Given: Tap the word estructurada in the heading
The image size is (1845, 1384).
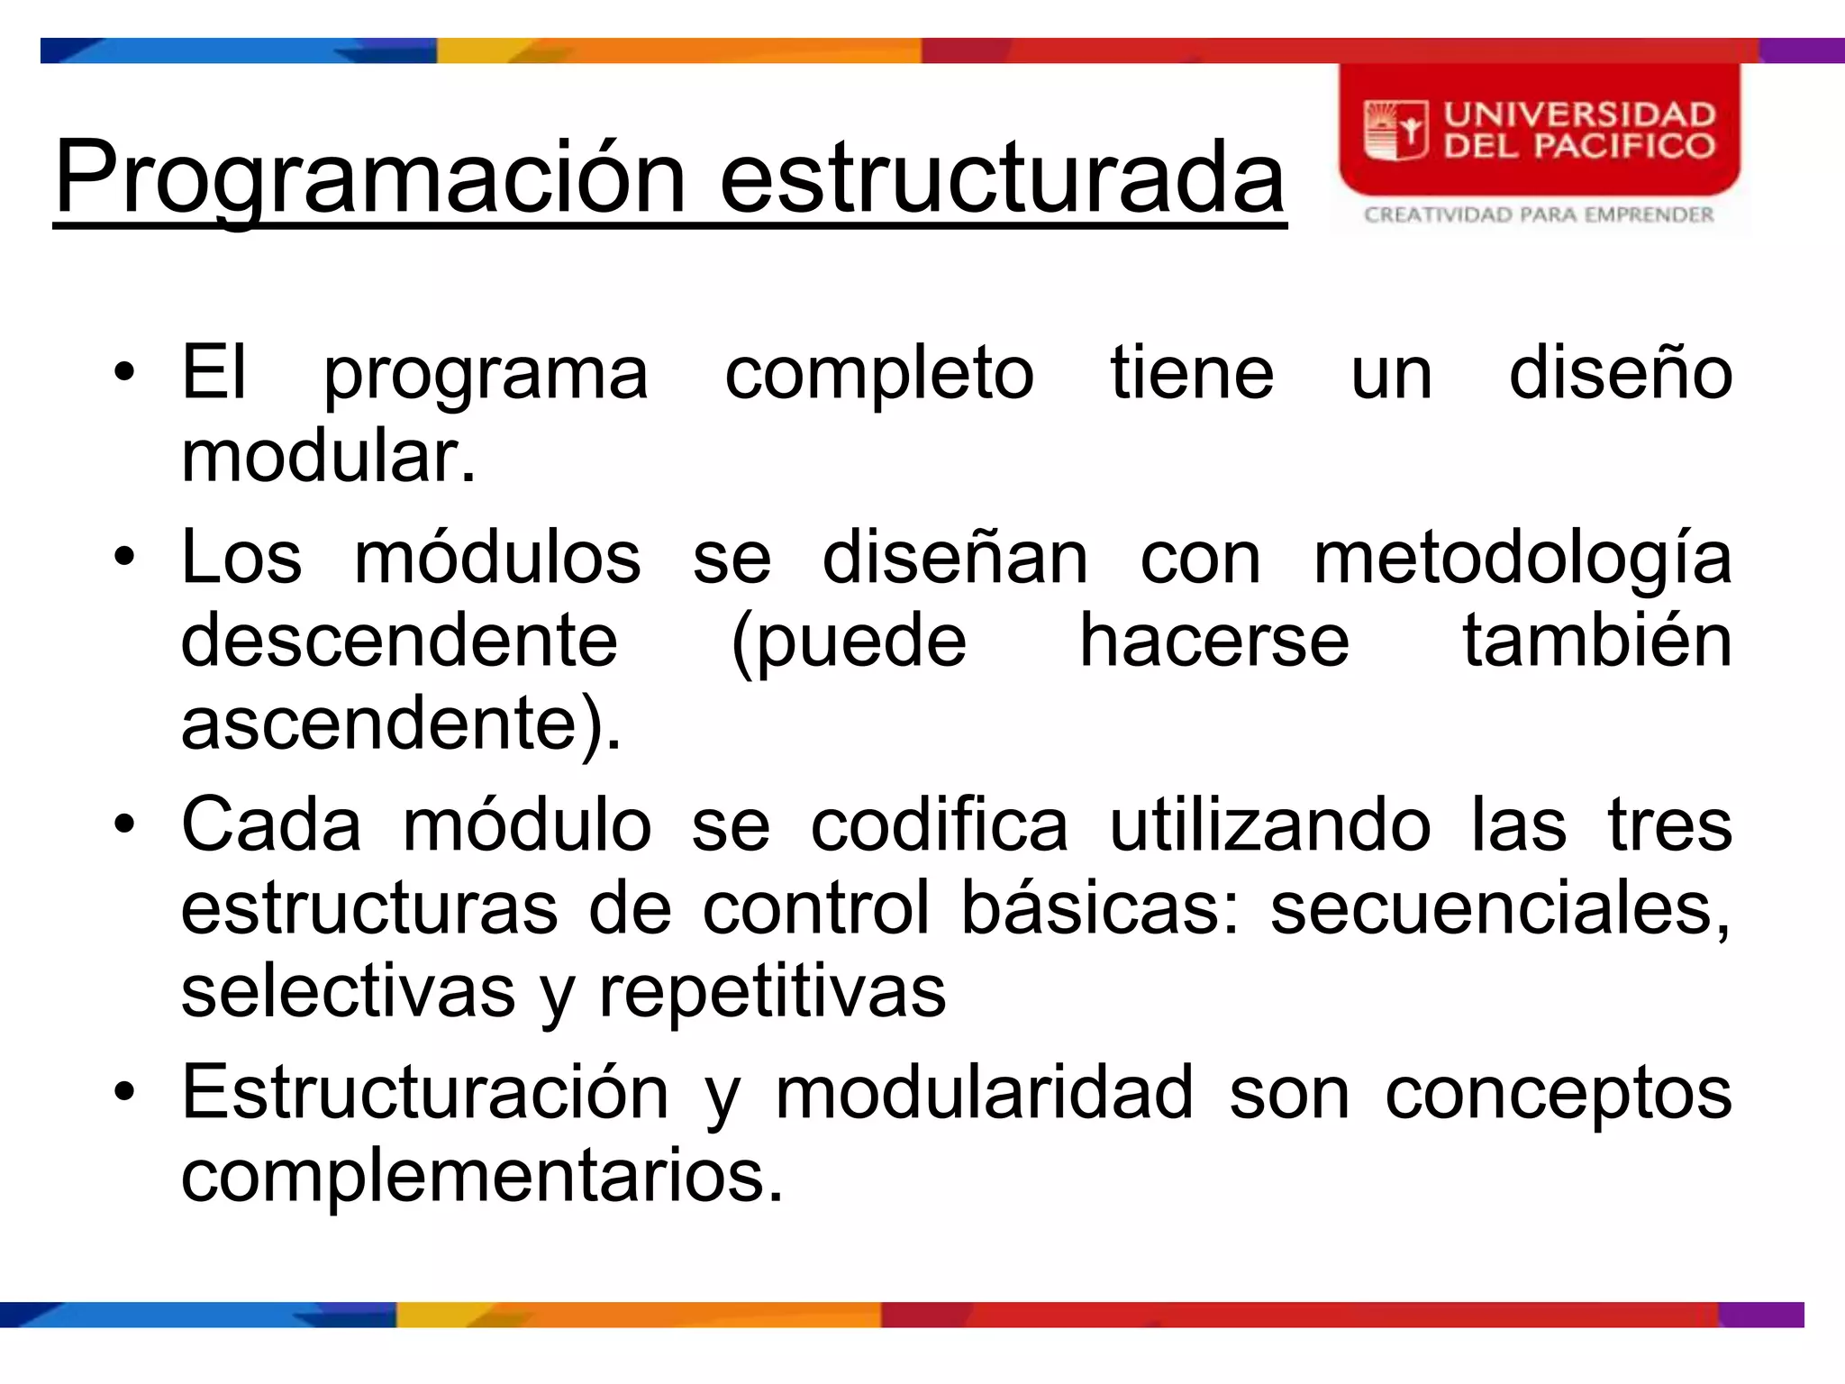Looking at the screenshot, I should pos(1002,178).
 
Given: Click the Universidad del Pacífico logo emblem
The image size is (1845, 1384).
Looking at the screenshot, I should pos(1395,132).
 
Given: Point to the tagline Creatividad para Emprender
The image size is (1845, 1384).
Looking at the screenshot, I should pos(1539,215).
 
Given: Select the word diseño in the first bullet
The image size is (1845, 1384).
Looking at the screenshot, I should pos(1620,372).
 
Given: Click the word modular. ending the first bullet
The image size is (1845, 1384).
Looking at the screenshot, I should pos(328,456).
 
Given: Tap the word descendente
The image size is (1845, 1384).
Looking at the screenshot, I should pos(399,641).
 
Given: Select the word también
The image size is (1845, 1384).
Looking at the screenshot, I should pos(1596,641).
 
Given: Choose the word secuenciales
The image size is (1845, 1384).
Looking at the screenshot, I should pos(1499,907).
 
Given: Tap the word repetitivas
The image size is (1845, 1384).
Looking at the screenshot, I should pos(772,992).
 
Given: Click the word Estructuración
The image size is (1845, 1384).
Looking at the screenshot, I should pos(425,1093).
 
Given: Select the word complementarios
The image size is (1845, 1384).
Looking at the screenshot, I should pos(482,1176).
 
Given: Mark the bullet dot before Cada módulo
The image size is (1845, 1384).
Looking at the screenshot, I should pos(124,824).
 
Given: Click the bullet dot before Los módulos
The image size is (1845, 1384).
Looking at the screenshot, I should pos(124,556).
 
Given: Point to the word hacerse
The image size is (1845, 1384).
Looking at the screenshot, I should pos(1214,641).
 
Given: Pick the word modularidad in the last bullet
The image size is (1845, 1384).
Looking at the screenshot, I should pos(985,1093).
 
